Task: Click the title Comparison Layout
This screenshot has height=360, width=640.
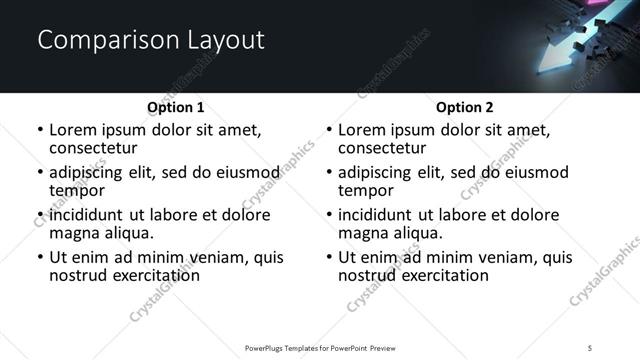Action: (150, 41)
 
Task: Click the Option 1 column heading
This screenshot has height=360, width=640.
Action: (175, 107)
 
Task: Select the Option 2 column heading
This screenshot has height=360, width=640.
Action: (464, 107)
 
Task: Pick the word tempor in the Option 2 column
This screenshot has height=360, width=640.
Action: (366, 191)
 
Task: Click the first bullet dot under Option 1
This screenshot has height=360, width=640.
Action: (39, 130)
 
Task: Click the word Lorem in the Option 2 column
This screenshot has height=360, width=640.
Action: (361, 130)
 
